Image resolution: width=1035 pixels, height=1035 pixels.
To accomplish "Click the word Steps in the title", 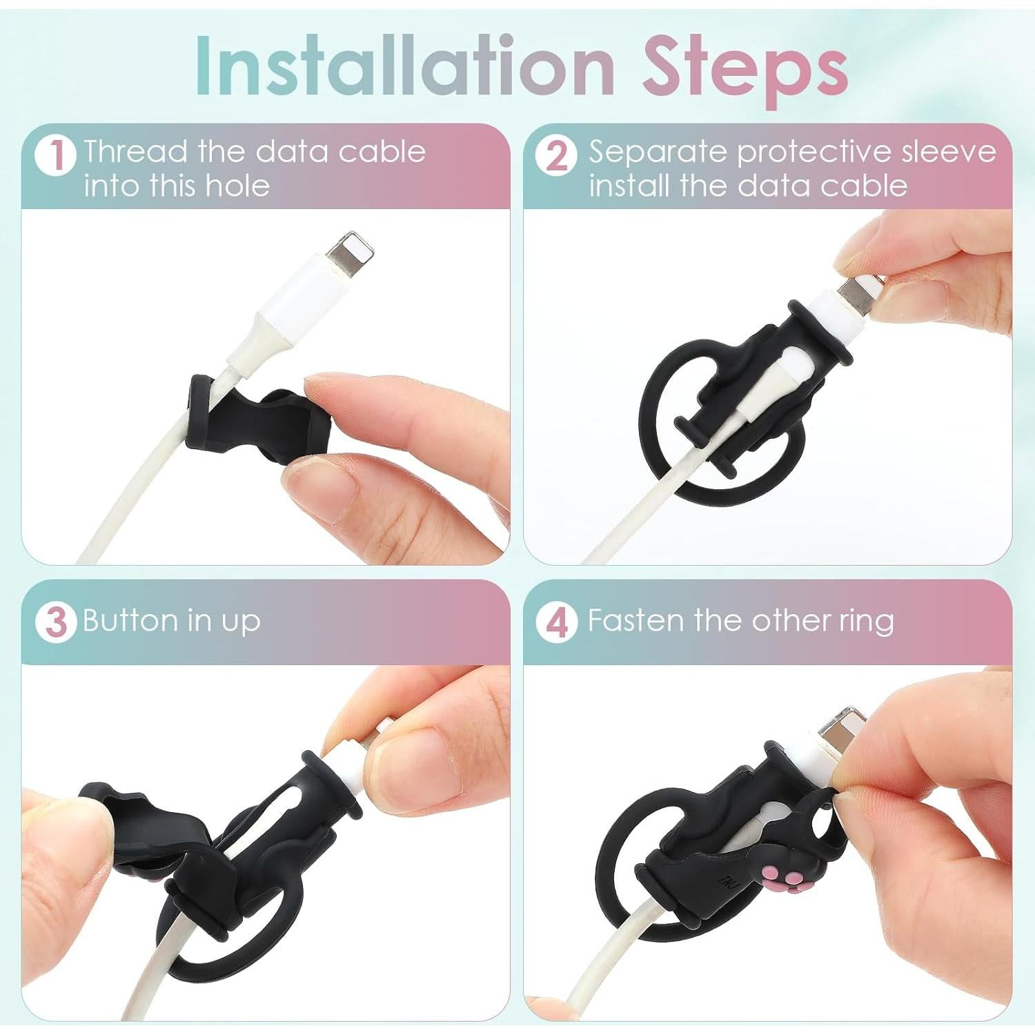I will pos(745,66).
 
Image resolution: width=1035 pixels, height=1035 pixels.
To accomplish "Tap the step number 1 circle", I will pos(55,155).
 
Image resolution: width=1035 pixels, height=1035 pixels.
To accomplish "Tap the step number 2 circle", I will pos(556,155).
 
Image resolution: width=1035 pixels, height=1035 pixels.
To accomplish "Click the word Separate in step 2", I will pos(658,151).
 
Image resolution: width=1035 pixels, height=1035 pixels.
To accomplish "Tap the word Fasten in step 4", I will pos(636,620).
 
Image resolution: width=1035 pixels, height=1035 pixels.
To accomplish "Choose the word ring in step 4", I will pos(866,620).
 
